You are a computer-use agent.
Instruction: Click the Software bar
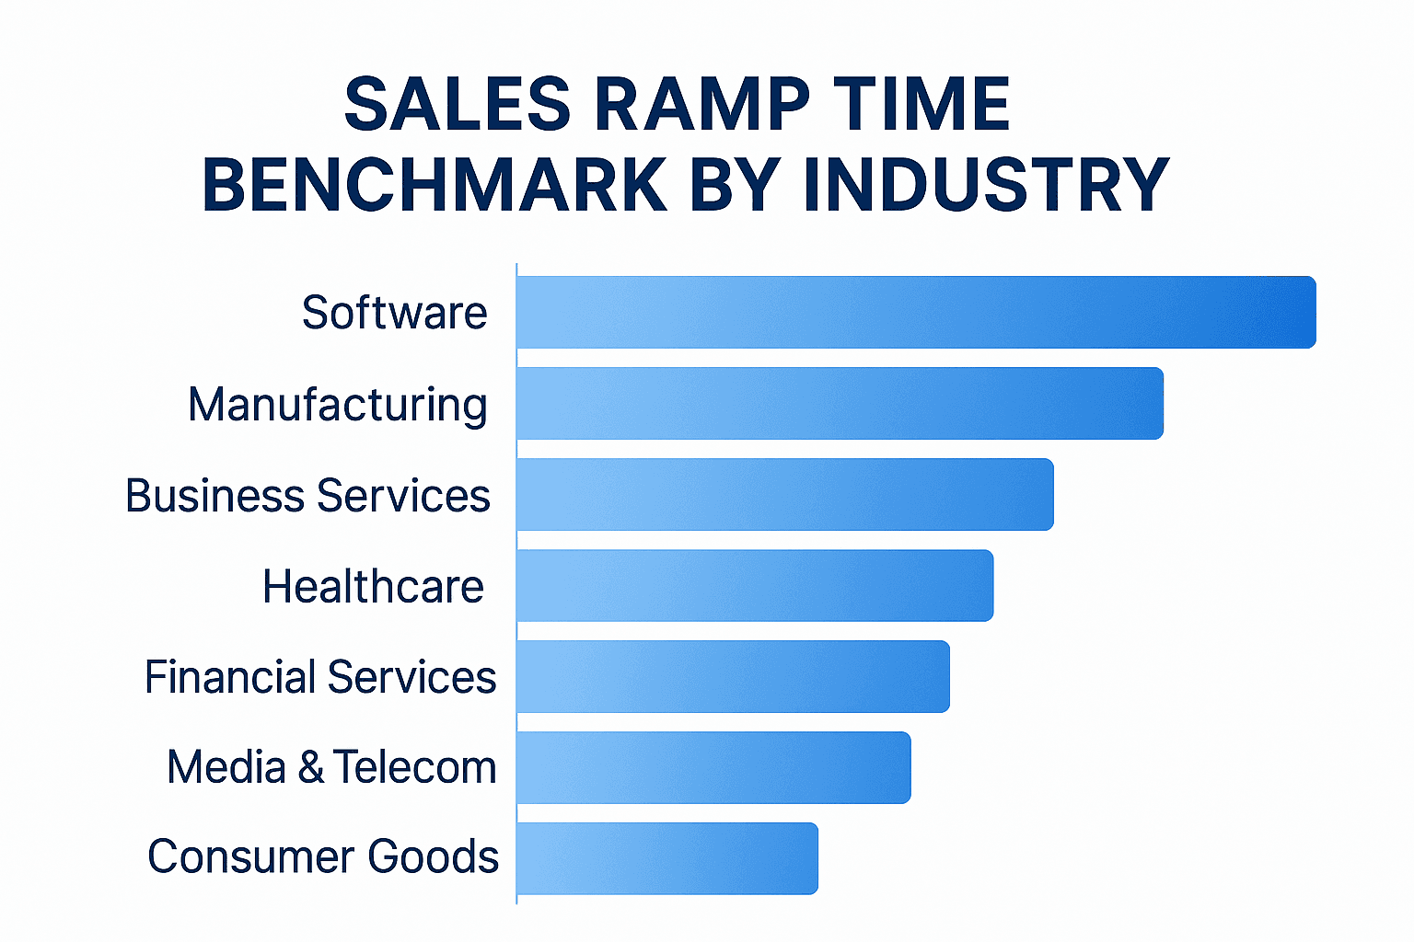point(916,313)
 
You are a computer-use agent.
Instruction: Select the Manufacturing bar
point(840,404)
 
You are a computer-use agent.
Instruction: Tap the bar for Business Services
point(785,495)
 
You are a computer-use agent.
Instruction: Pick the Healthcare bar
point(755,586)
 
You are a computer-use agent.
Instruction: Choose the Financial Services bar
point(733,676)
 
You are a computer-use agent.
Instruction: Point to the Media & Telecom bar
point(713,767)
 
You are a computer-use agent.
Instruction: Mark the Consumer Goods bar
point(667,858)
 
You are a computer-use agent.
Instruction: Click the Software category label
point(394,313)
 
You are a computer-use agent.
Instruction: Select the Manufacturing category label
point(337,405)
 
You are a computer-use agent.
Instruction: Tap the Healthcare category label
point(373,587)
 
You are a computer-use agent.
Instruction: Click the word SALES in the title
point(458,104)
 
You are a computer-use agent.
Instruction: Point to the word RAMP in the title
point(702,104)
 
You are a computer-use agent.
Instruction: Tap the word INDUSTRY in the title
point(986,185)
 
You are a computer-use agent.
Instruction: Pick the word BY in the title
point(735,185)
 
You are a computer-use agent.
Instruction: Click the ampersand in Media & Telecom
point(310,767)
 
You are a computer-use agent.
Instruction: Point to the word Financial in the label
point(230,677)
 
